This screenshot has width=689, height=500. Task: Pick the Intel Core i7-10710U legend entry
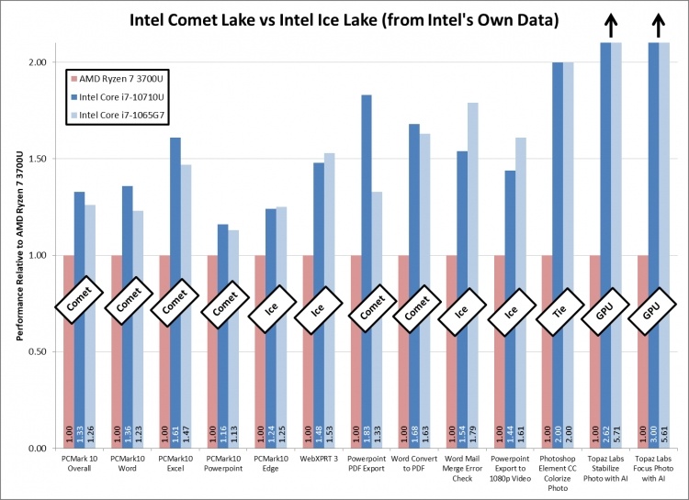click(117, 96)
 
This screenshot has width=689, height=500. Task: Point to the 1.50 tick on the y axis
click(37, 159)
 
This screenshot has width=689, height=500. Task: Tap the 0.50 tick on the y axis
click(37, 351)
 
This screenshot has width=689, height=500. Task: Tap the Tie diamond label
click(557, 313)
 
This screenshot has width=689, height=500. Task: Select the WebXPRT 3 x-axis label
click(319, 458)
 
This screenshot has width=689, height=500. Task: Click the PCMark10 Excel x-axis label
click(175, 463)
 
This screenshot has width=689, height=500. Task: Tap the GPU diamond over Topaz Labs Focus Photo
click(652, 313)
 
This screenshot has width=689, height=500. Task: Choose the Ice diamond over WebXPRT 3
click(318, 313)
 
